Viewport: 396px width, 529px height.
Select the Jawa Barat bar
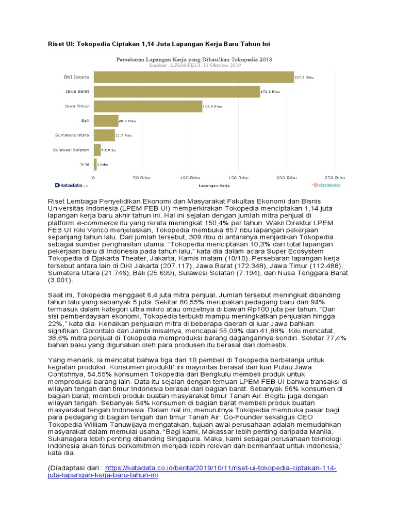177,91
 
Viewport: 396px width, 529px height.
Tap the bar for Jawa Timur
148,106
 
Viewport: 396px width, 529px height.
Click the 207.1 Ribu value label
304,77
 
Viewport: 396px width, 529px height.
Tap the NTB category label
84,164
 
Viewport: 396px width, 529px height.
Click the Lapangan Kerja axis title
213,184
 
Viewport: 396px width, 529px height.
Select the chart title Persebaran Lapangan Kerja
194,59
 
